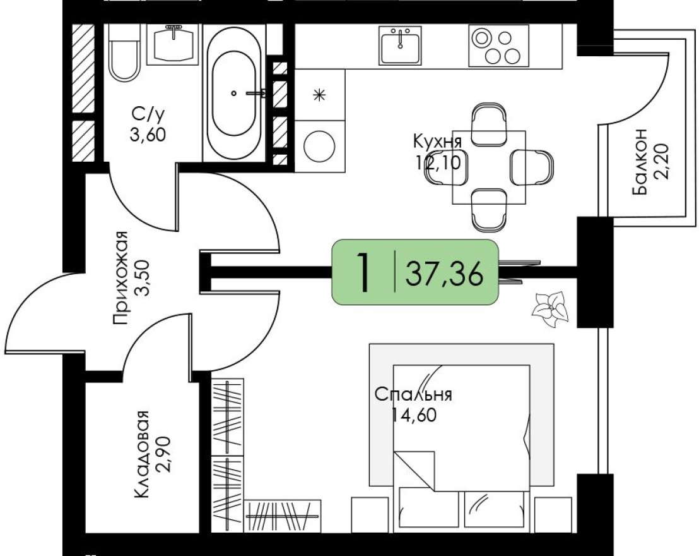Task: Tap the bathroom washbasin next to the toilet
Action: pos(172,44)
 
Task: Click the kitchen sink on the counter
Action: pos(400,45)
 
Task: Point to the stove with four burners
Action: pos(498,45)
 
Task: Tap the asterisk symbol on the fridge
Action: pos(320,95)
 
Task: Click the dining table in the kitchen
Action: pos(489,167)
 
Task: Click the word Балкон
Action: pos(641,163)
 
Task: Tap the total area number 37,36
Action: pos(445,274)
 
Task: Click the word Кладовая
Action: pos(143,454)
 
